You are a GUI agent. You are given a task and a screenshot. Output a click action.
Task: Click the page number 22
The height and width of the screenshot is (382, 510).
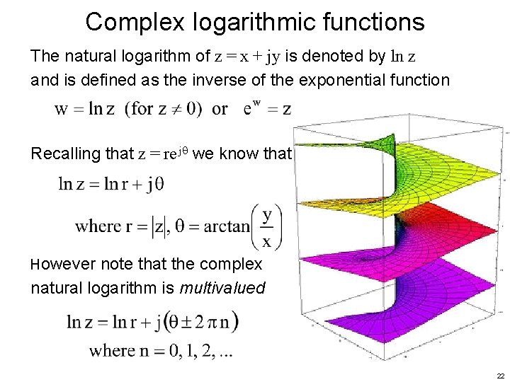tap(500, 376)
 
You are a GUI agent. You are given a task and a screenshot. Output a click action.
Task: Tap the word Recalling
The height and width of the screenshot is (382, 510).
tap(63, 154)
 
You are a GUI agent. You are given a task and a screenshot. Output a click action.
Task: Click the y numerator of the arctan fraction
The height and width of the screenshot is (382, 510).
tap(268, 214)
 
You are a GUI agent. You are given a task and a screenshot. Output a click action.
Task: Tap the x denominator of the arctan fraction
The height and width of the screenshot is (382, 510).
tap(268, 241)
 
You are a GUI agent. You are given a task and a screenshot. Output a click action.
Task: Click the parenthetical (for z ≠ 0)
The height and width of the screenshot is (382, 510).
tap(164, 109)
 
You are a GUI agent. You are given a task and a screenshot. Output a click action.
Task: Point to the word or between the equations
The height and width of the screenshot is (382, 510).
tap(220, 110)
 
